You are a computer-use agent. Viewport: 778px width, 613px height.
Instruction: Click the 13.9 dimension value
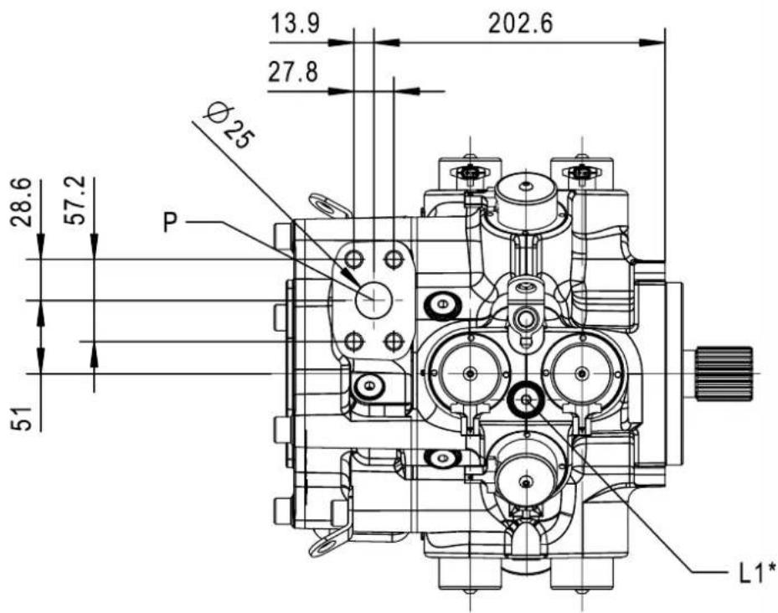click(295, 23)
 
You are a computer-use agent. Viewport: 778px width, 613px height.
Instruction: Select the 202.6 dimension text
click(521, 23)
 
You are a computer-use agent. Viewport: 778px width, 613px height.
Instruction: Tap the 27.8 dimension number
click(293, 73)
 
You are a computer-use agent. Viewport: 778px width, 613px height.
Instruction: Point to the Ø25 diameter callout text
click(229, 126)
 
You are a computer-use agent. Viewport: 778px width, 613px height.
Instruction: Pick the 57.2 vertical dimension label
click(75, 200)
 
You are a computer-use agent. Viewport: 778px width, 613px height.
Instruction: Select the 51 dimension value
click(21, 418)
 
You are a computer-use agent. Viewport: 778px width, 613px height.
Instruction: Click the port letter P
click(170, 222)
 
